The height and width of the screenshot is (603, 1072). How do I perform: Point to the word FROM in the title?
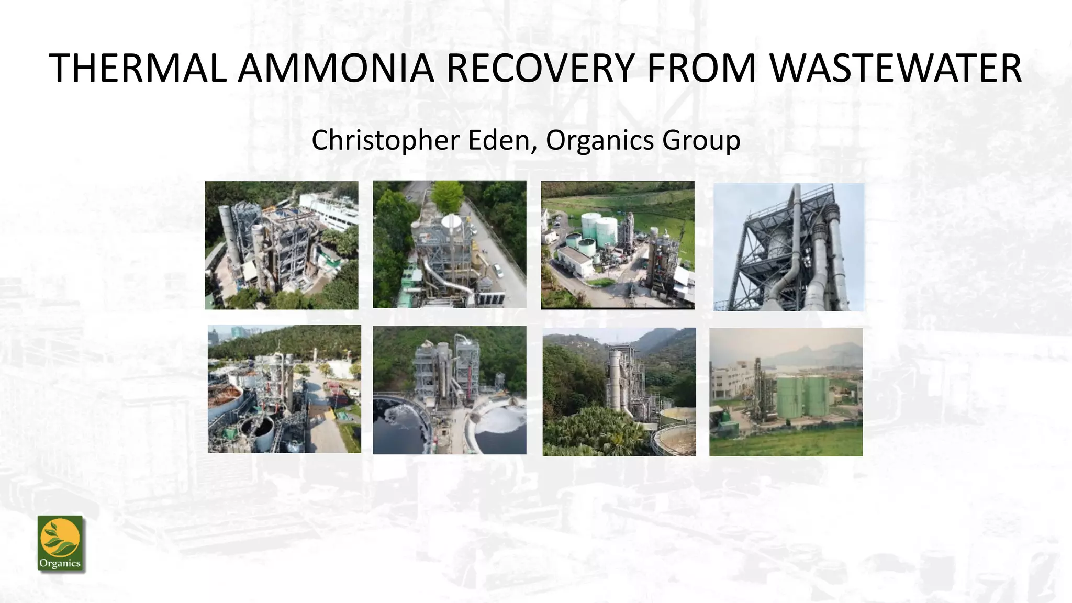[x=701, y=68]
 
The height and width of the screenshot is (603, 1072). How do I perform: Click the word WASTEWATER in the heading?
[x=895, y=68]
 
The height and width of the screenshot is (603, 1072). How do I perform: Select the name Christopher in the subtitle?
[x=385, y=140]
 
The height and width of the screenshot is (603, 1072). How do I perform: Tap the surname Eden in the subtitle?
[x=499, y=140]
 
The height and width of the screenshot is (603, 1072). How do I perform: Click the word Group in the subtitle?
[x=701, y=140]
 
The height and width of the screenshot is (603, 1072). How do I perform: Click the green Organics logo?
[x=60, y=544]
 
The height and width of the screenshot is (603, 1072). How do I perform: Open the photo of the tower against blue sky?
[x=788, y=247]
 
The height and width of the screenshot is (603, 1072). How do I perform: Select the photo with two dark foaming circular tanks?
[x=449, y=390]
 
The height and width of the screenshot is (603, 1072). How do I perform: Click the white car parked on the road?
[x=498, y=271]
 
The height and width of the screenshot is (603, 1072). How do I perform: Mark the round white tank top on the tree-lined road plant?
[x=451, y=222]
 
